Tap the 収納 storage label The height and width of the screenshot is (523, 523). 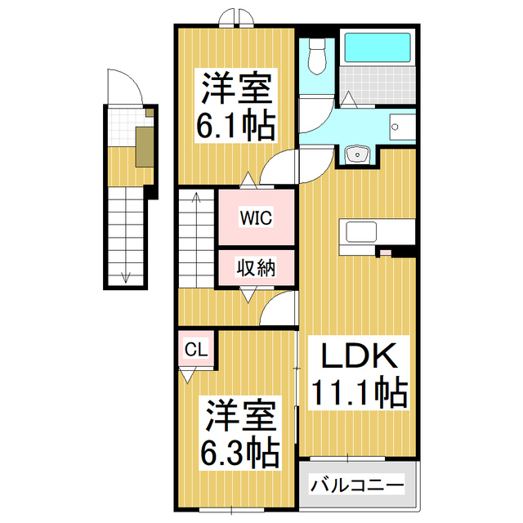[256, 266]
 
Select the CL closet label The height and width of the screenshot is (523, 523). [196, 351]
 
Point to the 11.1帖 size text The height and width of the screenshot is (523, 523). [357, 394]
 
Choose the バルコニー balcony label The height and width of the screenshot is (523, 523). [357, 485]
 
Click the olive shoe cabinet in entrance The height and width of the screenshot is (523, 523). [144, 147]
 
